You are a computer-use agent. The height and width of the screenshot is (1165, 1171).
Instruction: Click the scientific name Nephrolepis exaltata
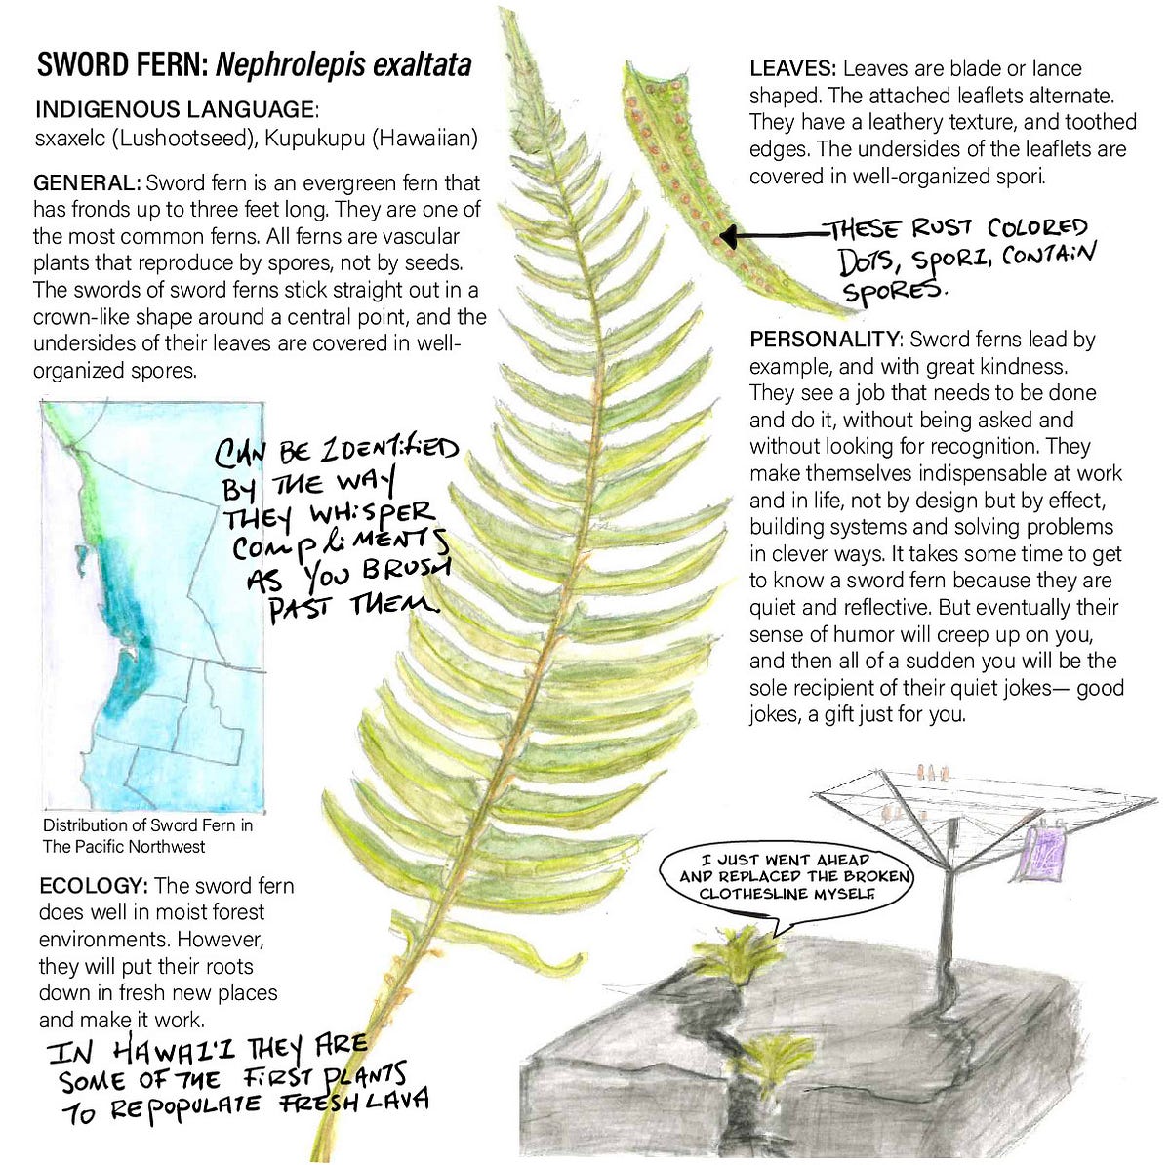tap(343, 65)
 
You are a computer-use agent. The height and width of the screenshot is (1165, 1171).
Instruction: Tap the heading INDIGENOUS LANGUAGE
tap(176, 109)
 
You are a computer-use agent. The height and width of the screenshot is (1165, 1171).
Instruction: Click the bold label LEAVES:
tap(793, 69)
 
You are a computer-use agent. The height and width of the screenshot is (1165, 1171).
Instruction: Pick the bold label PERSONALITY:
tap(826, 340)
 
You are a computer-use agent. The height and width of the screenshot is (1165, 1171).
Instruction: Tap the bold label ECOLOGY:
tap(94, 886)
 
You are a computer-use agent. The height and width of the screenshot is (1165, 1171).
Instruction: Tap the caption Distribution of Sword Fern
tap(147, 825)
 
